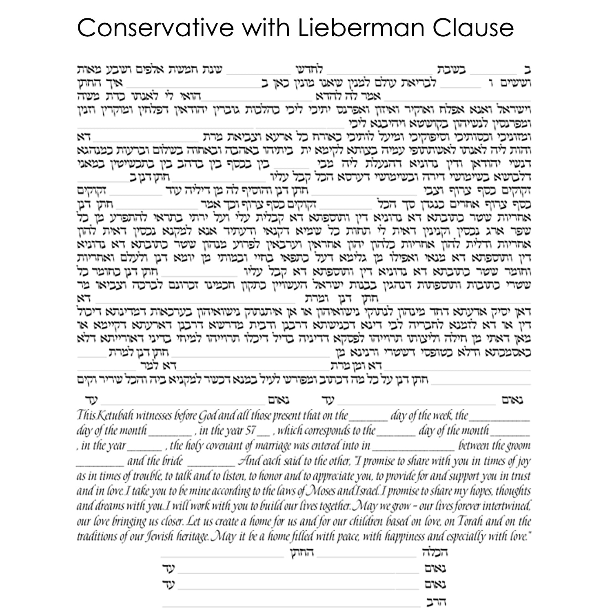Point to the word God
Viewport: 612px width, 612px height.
click(208, 416)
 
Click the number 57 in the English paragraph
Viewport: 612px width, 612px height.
click(250, 431)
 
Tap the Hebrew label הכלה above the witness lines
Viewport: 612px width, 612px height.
click(435, 553)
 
